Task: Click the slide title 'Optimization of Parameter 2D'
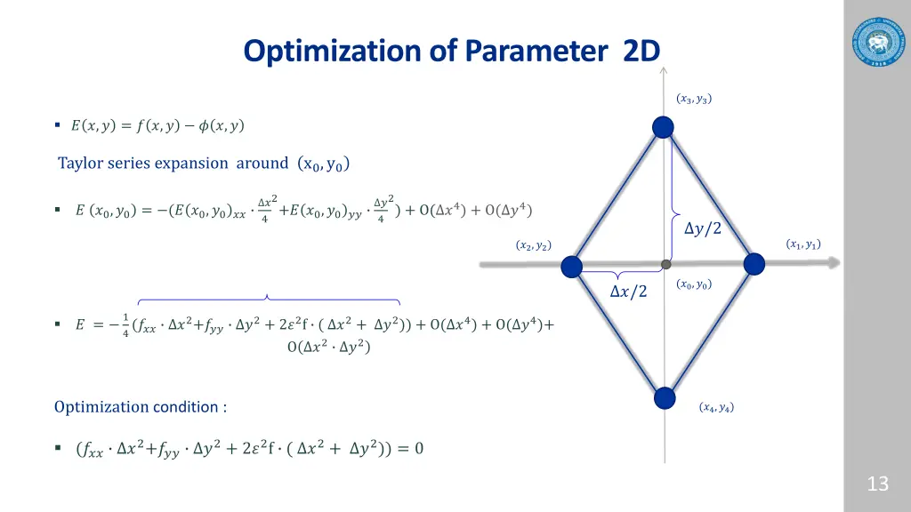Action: coord(452,52)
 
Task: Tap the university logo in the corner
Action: coord(876,41)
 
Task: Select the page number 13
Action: coord(877,484)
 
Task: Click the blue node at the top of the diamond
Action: coord(663,128)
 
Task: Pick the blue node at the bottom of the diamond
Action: coord(664,397)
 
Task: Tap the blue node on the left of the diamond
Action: coord(571,266)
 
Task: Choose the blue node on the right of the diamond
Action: coord(754,264)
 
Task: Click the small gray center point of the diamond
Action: coord(665,264)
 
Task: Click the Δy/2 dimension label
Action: coord(702,229)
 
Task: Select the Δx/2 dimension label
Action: coord(628,292)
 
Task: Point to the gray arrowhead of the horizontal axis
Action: coord(832,263)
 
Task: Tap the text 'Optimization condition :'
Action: coord(141,407)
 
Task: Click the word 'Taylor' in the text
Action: coord(80,163)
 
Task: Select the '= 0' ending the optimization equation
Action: coord(410,448)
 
